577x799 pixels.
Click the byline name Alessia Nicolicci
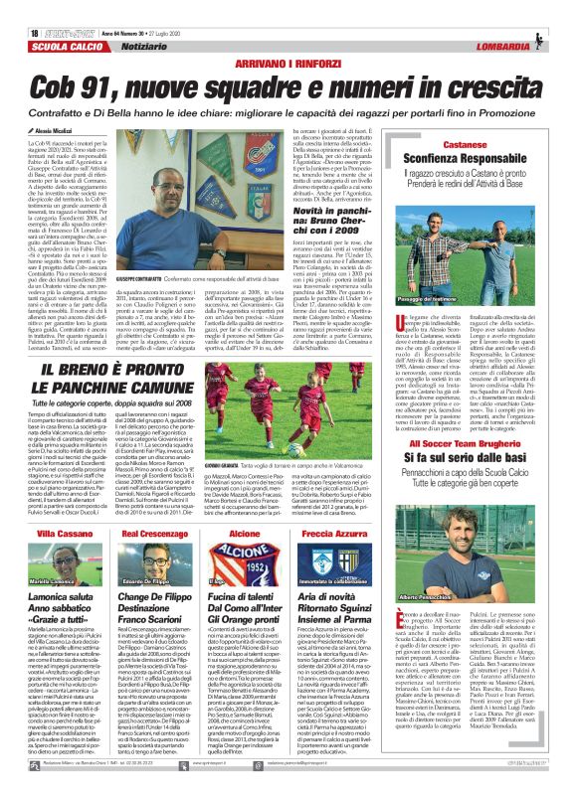(35, 102)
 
